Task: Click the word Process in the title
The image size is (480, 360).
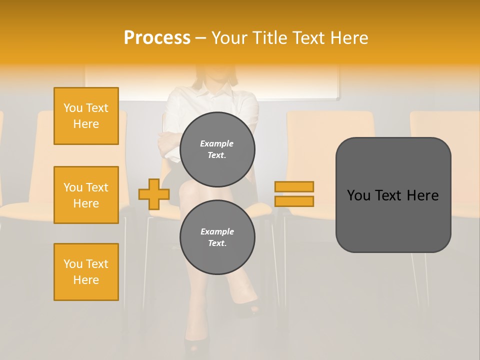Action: (x=157, y=38)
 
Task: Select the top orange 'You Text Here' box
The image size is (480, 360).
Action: (x=86, y=116)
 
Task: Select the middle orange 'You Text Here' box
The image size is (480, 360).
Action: (x=86, y=195)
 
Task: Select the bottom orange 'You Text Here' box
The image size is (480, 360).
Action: (x=86, y=272)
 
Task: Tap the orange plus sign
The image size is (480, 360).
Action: (x=154, y=194)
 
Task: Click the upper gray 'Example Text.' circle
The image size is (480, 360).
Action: (x=217, y=149)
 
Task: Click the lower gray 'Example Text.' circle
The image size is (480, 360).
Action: (x=217, y=237)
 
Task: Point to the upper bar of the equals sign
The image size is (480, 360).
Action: (x=294, y=186)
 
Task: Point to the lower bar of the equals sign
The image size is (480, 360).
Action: (x=294, y=201)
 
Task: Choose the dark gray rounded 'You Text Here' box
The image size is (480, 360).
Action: (x=393, y=195)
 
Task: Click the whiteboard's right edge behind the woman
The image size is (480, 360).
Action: (x=337, y=82)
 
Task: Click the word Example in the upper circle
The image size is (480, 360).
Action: (x=217, y=143)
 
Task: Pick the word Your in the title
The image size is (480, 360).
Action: (x=229, y=38)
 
